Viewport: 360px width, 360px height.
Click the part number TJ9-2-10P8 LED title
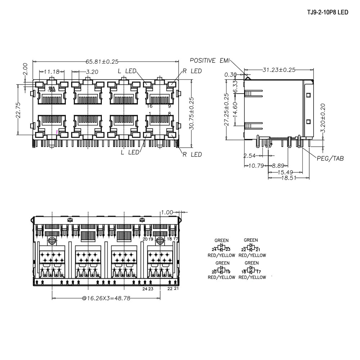tap(328, 12)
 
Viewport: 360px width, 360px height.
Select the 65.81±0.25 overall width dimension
tap(102, 62)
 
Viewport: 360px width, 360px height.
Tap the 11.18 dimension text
tap(51, 72)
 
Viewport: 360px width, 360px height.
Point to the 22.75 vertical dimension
tap(18, 110)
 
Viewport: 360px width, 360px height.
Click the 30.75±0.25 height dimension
tap(192, 114)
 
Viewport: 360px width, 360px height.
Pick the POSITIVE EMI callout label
tap(210, 60)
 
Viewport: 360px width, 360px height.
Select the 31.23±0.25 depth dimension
tap(279, 70)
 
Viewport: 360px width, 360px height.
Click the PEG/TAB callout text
tap(330, 158)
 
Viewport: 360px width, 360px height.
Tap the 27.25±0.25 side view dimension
tap(226, 109)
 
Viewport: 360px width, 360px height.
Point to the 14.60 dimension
tap(235, 109)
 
